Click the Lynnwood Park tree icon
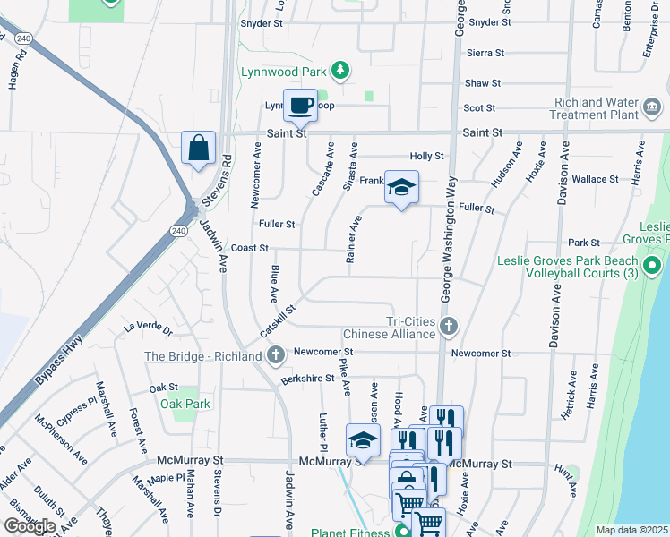tap(339, 70)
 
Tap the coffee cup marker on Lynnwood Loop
tap(300, 106)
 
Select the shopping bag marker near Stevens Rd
tap(198, 148)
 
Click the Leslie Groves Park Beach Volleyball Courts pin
tap(652, 266)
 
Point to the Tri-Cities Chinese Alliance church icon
tap(449, 328)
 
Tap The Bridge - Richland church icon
tap(276, 355)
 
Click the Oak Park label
tap(185, 404)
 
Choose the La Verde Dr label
tap(148, 328)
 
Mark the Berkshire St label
tap(307, 379)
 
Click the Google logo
tap(30, 526)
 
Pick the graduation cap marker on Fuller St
tap(401, 186)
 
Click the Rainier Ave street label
tap(354, 239)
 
